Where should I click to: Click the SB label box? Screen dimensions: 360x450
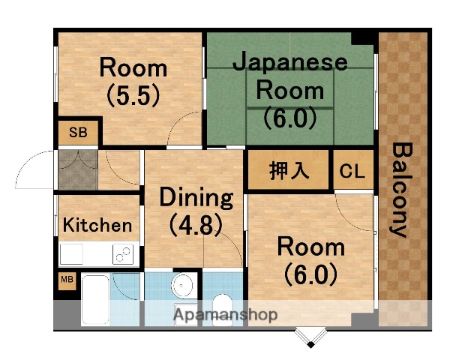[77, 133]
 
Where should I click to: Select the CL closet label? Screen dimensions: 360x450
[351, 171]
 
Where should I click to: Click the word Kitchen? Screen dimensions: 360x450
[97, 224]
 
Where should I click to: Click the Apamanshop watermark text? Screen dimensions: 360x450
[225, 314]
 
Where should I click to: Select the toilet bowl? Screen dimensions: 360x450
[222, 304]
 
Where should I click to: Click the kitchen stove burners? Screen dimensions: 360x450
[122, 254]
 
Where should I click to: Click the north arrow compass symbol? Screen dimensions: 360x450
[310, 339]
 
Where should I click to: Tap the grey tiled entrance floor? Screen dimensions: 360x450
[76, 170]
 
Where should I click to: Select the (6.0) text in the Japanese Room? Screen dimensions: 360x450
[289, 118]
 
